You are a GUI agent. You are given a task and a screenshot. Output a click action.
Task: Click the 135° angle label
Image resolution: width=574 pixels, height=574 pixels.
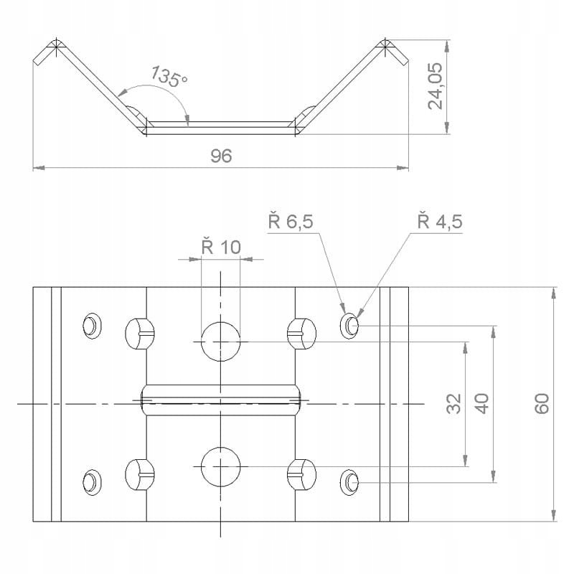pos(169,76)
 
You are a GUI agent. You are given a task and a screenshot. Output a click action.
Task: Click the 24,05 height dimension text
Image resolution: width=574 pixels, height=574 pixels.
pos(436,85)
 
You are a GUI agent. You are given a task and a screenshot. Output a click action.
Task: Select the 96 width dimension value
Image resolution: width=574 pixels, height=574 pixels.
pos(221,156)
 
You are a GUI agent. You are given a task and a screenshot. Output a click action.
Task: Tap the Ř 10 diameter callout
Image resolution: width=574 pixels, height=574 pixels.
pos(221,248)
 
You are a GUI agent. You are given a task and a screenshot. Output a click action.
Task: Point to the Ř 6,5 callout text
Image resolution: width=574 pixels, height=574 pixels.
pos(291,222)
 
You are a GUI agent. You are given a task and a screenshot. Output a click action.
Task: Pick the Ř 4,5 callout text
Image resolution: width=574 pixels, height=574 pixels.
pos(439,222)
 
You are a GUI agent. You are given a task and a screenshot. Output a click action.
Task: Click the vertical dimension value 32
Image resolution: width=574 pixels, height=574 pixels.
pos(453,403)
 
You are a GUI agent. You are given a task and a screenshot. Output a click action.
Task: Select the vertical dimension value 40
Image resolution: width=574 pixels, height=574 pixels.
pos(482,403)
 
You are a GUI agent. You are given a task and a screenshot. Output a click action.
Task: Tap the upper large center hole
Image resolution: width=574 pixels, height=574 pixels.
pos(220,341)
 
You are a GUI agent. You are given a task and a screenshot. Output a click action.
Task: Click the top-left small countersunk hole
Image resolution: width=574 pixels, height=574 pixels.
pos(92,325)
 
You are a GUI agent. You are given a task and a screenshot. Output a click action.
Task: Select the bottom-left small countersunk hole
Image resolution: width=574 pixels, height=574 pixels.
pos(92,481)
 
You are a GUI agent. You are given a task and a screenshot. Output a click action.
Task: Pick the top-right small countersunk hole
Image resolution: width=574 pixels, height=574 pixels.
pos(350,326)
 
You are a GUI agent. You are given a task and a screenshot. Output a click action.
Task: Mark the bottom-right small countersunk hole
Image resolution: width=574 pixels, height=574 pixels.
pos(350,481)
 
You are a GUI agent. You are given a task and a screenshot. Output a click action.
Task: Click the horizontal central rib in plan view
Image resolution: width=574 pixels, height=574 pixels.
pos(220,400)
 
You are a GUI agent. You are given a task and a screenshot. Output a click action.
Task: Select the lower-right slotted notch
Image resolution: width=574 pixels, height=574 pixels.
pos(301,473)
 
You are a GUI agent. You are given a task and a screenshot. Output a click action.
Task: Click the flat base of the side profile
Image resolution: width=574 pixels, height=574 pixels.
pos(220,126)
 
